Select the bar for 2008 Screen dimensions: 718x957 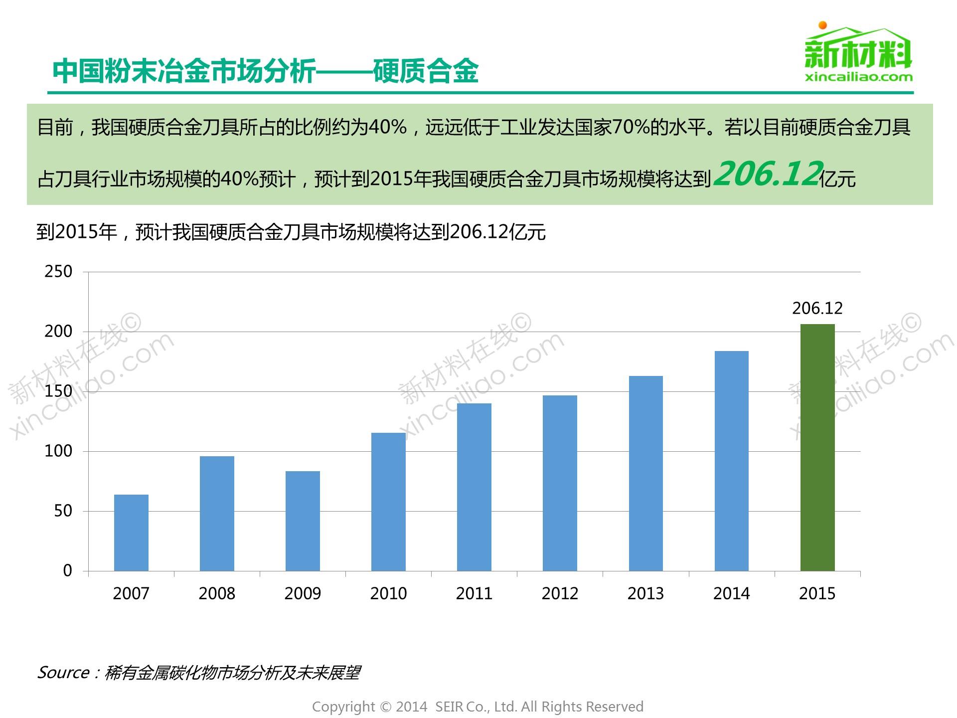217,514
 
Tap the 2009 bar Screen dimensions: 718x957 303,521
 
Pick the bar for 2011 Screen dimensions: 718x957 474,487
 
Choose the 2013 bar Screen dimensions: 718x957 645,473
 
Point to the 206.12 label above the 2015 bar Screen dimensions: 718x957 817,308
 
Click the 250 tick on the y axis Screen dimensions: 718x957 58,272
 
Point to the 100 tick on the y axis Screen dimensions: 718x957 58,451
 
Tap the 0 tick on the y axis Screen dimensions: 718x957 67,571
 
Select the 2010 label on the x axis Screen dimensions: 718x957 388,593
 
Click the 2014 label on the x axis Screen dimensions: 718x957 731,593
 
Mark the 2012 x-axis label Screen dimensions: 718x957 560,593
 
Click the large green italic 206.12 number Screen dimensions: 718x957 768,175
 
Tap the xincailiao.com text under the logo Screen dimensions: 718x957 859,77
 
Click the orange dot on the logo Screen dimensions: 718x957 822,25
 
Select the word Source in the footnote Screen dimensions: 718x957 63,673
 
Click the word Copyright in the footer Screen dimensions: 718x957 343,707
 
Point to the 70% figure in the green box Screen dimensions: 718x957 630,128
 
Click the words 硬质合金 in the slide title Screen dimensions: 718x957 426,71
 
